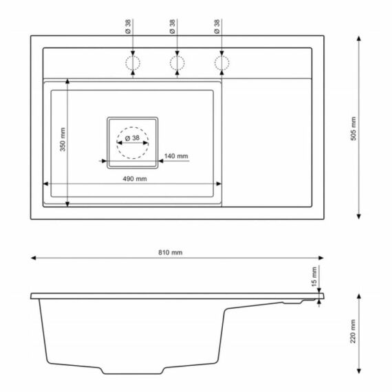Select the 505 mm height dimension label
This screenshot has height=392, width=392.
tap(353, 128)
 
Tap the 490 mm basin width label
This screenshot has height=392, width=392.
tap(135, 179)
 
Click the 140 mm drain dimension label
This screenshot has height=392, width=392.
tap(176, 156)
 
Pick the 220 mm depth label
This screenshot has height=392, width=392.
tap(353, 331)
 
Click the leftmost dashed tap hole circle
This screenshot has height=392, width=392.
tap(133, 63)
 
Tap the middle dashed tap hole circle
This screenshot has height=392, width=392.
tap(177, 63)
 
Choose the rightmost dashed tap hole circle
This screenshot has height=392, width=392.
tap(221, 63)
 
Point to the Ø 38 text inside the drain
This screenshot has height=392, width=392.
tap(131, 139)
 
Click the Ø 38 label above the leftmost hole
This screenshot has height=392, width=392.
tap(127, 26)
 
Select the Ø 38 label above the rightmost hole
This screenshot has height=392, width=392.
tap(217, 26)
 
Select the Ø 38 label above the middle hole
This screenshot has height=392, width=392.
tap(172, 26)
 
